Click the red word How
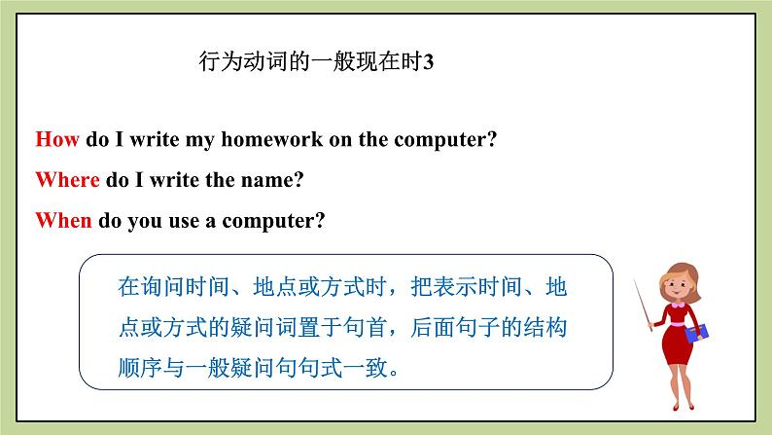point(57,139)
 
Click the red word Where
point(67,180)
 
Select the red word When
point(63,221)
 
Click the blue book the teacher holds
point(697,334)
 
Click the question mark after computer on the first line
point(492,139)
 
